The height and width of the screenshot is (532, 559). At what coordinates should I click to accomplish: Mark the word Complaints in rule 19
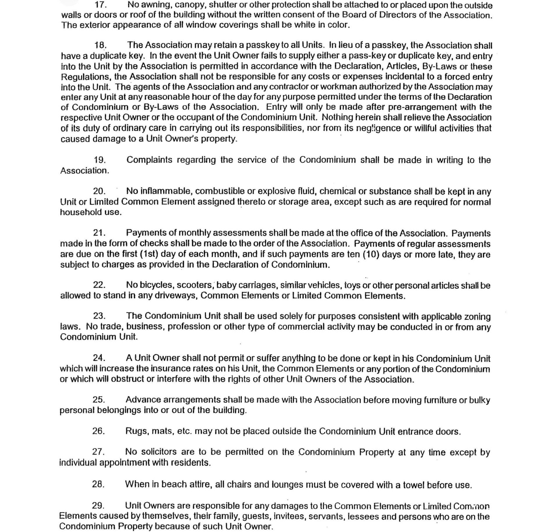(149, 160)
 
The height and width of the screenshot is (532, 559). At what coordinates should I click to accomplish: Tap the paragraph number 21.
(99, 233)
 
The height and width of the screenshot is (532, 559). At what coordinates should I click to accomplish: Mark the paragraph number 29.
(98, 506)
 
